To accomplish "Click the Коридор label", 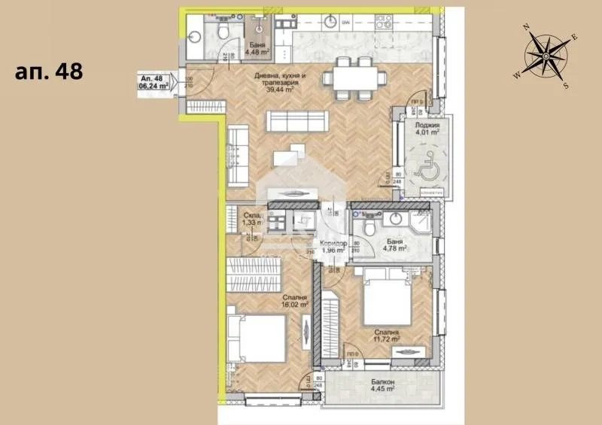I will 333,244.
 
